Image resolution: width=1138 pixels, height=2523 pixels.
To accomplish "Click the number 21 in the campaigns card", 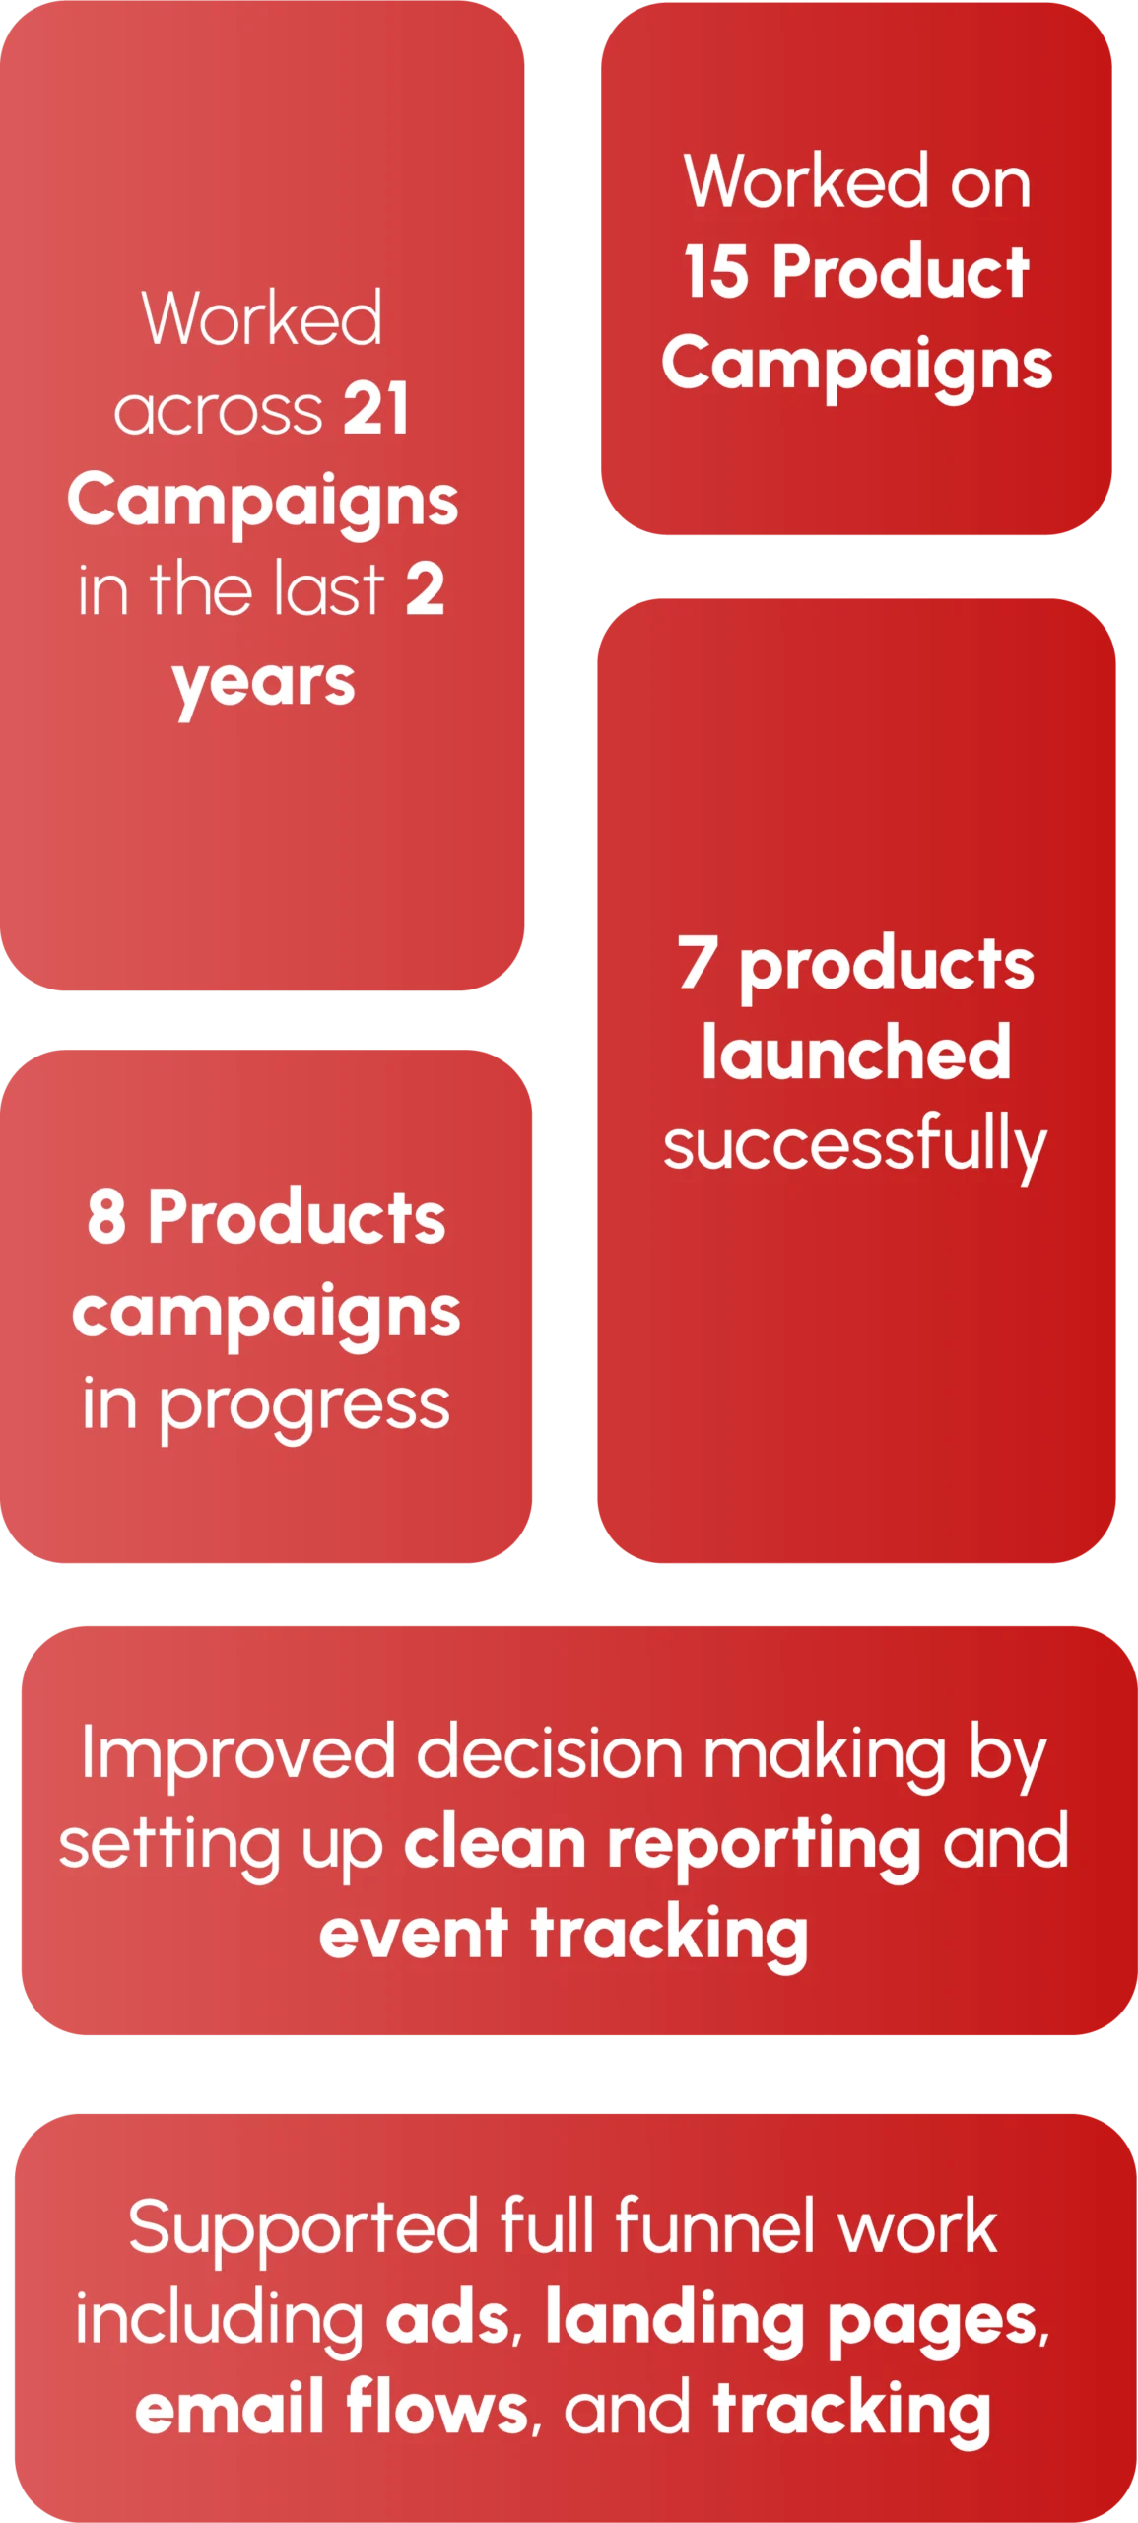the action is click(375, 408).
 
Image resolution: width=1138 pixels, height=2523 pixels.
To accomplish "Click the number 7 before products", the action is click(698, 961).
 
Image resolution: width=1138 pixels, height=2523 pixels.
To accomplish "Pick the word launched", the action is click(856, 1053).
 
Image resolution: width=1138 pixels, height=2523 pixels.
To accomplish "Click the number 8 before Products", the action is click(106, 1216).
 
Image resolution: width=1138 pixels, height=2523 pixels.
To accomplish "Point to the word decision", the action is click(550, 1753).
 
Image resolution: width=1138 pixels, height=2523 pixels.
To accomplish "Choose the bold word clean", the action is click(495, 1842).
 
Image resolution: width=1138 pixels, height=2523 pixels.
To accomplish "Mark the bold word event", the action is click(414, 1934).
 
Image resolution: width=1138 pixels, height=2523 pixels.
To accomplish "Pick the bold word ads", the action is click(447, 2318).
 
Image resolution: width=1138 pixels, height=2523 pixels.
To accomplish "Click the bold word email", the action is click(229, 2407).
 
